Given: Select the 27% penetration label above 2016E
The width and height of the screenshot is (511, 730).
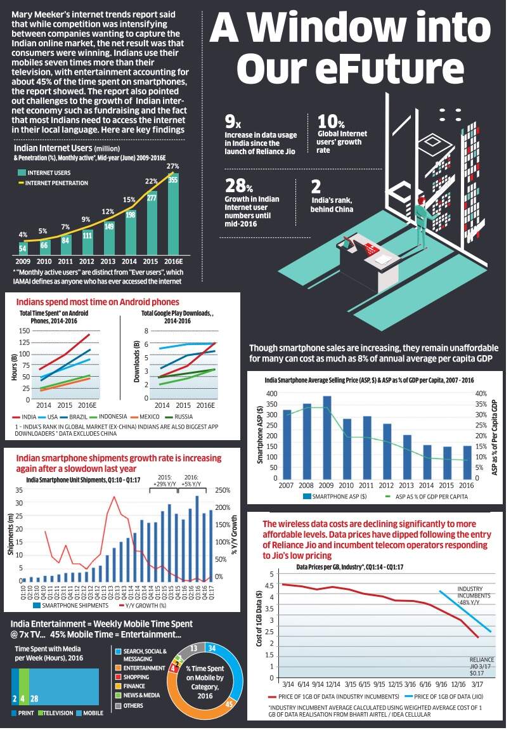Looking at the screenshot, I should [x=171, y=166].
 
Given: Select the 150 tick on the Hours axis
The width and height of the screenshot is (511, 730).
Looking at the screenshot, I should [x=24, y=330].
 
